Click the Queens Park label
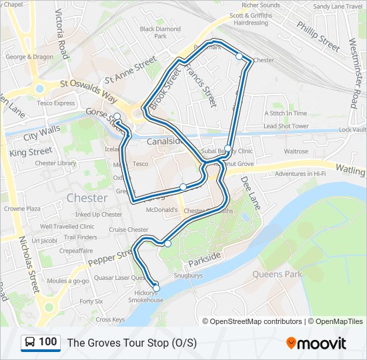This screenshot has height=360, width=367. coord(277,274)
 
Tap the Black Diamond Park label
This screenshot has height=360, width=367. coord(160,33)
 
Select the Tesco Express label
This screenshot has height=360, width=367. coord(55,103)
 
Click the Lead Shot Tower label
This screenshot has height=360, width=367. coord(286,126)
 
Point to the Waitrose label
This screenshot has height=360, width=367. coord(296,151)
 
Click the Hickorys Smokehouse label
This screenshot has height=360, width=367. coord(146,296)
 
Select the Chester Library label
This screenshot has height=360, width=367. coord(55,163)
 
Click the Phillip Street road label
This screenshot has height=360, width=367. coord(318,37)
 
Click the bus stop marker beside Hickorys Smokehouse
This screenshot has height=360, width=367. coord(157,287)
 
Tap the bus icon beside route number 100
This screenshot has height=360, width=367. coord(30,343)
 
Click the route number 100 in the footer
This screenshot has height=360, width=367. coord(47,342)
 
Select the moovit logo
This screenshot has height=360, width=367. coord(316,343)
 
